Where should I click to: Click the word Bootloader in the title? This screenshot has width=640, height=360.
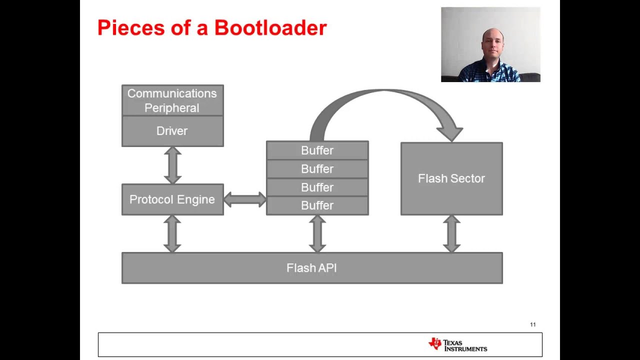[x=270, y=28]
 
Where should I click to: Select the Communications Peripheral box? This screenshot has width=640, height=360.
[x=172, y=100]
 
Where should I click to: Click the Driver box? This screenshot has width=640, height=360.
[x=172, y=131]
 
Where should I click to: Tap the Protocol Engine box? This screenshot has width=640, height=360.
[x=172, y=199]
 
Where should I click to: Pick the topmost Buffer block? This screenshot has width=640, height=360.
[x=317, y=150]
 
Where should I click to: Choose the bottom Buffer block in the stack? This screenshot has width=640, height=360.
[x=317, y=205]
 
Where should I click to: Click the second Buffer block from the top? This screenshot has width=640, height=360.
[x=317, y=169]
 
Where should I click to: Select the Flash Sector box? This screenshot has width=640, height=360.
[x=451, y=178]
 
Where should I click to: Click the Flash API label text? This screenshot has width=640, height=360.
[x=311, y=268]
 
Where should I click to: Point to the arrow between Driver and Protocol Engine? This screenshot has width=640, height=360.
[x=172, y=165]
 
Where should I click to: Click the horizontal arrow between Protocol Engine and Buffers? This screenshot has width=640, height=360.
[x=244, y=199]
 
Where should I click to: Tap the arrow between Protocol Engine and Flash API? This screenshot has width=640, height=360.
[x=172, y=233]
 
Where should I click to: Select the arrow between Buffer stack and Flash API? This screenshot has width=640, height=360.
[x=317, y=233]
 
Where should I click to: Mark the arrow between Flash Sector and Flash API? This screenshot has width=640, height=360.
[x=451, y=233]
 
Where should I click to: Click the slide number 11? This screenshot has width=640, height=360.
[x=532, y=324]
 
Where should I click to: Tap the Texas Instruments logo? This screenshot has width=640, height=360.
[x=457, y=344]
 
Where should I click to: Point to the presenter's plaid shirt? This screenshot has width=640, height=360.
[x=490, y=72]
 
